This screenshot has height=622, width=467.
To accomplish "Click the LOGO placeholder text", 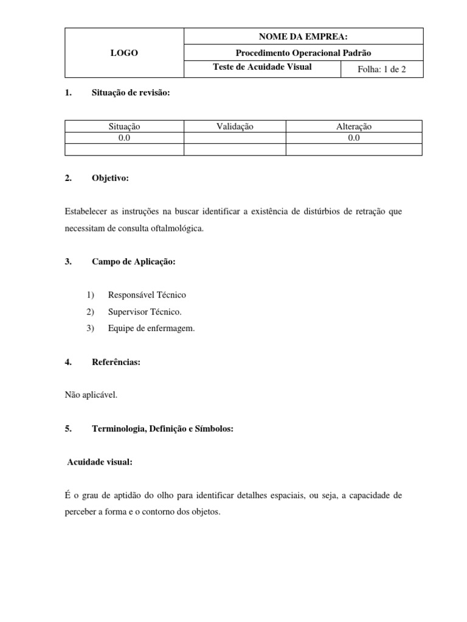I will tap(124, 53).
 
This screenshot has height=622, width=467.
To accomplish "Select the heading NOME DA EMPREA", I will tap(303, 37).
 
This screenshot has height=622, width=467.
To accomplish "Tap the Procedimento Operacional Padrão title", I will tap(303, 53).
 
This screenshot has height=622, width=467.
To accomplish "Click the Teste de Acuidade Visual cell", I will tap(262, 67).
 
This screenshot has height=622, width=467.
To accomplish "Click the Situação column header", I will tap(124, 126).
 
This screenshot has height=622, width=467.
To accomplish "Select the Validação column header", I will tap(235, 126).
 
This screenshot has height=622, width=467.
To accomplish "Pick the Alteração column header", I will tap(354, 126).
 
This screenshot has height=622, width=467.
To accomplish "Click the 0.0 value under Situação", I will tap(124, 138).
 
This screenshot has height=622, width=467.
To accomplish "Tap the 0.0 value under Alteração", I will tap(354, 138).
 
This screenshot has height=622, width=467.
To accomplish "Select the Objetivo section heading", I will tap(110, 178).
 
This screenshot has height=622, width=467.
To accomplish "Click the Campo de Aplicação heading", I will tap(133, 262).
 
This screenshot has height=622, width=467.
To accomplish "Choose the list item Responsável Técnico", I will tap(147, 295).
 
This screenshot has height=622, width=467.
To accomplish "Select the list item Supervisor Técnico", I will tap(145, 312).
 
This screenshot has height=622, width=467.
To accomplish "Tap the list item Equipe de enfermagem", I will tap(151, 329).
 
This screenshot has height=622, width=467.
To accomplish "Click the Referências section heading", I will tap(116, 362).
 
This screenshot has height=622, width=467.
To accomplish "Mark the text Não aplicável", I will tap(91, 395).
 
